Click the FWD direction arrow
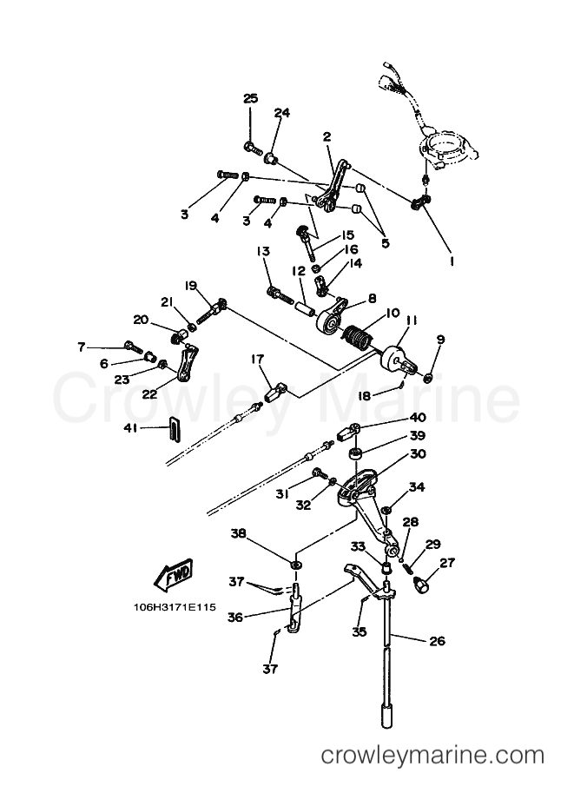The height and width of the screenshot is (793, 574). coord(174,576)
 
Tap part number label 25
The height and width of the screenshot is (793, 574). coord(251,98)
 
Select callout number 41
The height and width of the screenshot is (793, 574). coord(131,428)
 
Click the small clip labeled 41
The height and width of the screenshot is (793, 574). coord(173,429)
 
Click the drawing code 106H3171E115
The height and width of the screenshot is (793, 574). coord(175,606)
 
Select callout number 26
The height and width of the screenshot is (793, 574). coord(438,641)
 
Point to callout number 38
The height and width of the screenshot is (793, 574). coord(239,533)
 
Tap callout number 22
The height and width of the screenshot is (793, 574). coord(149,394)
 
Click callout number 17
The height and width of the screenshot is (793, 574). coord(257,359)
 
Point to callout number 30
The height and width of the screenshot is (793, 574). coord(418,453)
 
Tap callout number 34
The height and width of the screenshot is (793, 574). coord(417,487)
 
